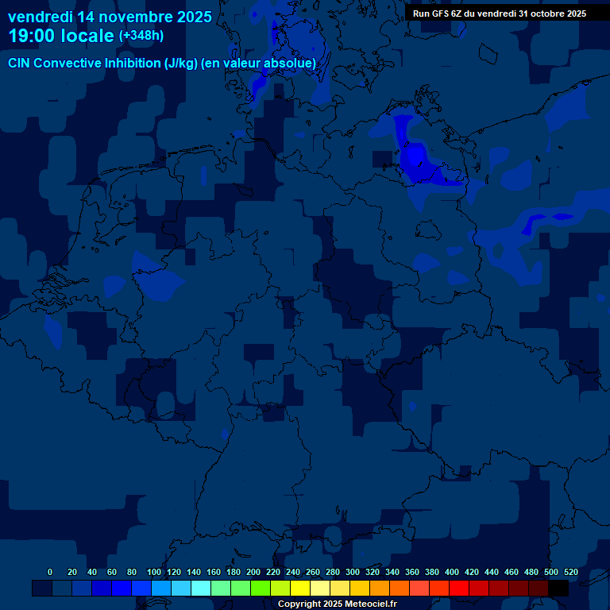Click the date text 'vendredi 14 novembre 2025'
[x=110, y=17]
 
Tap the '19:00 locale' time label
[x=62, y=36]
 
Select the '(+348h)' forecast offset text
[x=141, y=36]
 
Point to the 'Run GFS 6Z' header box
[x=500, y=13]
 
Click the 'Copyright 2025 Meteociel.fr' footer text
[x=337, y=604]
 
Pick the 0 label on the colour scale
[x=50, y=572]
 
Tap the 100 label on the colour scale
[x=153, y=572]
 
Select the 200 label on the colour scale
[x=253, y=572]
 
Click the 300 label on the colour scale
[x=352, y=572]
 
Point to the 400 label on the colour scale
[x=451, y=572]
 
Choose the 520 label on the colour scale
[x=570, y=572]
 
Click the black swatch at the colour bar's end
[x=558, y=589]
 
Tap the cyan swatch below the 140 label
[x=201, y=589]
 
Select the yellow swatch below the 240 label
[x=300, y=589]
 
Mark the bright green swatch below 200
[x=261, y=589]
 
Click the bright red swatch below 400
[x=459, y=589]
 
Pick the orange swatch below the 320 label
[x=380, y=589]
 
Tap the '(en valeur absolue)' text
[x=259, y=63]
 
